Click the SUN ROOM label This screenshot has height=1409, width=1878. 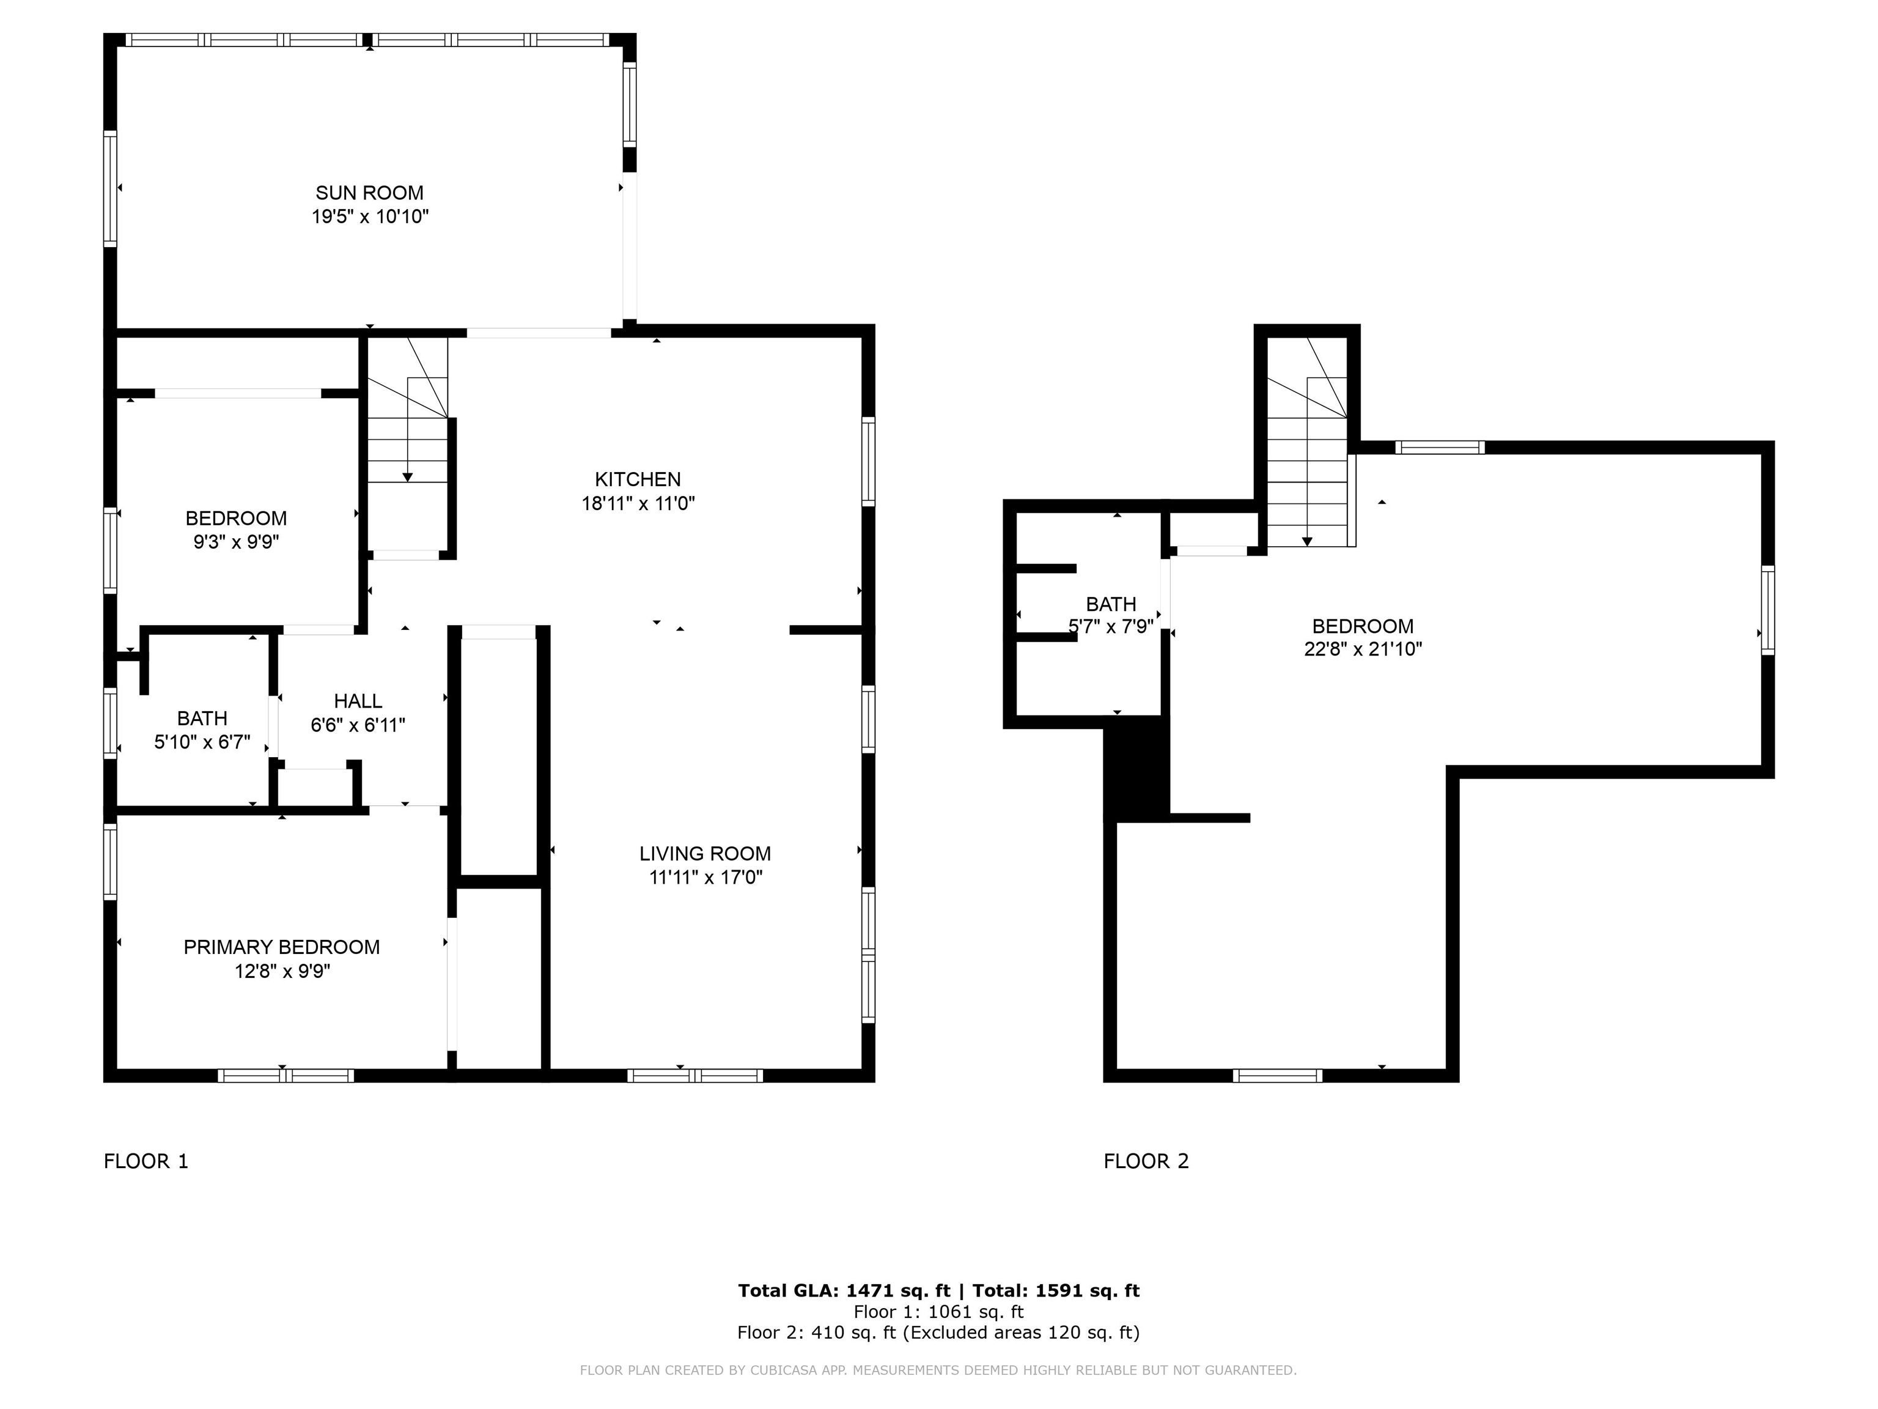(369, 193)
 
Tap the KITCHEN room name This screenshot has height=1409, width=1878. (638, 479)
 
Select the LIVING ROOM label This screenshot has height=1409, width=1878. (705, 854)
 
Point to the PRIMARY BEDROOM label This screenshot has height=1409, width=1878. (282, 947)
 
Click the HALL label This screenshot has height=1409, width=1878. (358, 701)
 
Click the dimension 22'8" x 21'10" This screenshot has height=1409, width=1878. (1363, 649)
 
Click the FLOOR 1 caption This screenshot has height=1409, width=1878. (146, 1161)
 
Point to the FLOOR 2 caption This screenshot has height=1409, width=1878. (1146, 1161)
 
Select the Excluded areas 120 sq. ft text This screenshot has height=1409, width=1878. (1020, 1333)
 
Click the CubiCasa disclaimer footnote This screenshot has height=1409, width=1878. (938, 1370)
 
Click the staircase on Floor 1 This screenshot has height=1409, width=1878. (408, 446)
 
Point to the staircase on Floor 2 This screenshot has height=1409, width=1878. (1308, 442)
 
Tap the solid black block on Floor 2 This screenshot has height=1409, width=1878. (1138, 769)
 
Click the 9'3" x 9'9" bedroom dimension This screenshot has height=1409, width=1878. (236, 542)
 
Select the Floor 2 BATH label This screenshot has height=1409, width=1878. (1111, 604)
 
